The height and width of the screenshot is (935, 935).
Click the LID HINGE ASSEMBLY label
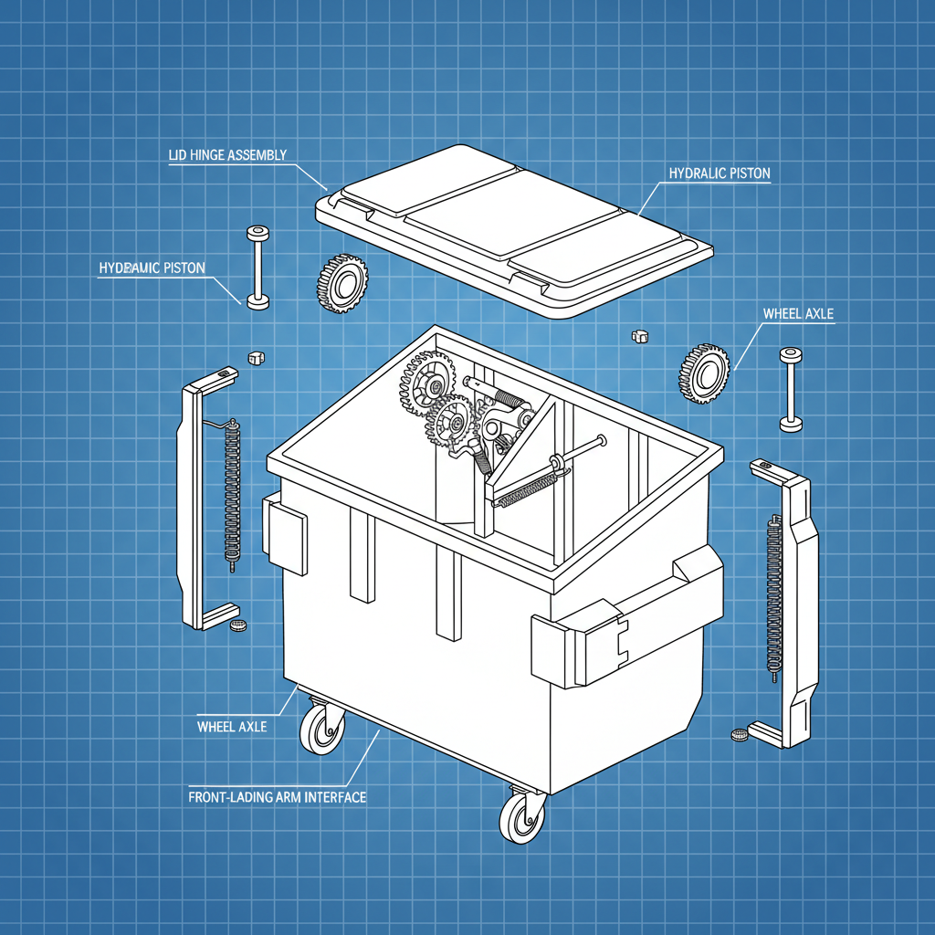[227, 155]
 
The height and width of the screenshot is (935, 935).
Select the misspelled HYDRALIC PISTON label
[719, 173]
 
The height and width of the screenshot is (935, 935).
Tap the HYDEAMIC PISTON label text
[152, 268]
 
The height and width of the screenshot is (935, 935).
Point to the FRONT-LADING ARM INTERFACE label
[277, 797]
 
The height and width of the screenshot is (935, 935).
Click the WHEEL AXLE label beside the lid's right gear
[797, 314]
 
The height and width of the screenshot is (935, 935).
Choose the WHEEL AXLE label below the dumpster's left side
[232, 727]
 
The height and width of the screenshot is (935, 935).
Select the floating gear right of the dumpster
[704, 373]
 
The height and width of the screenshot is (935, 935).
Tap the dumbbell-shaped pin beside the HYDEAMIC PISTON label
[257, 265]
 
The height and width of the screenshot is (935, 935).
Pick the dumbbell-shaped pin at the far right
[790, 389]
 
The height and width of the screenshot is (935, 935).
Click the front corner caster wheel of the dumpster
[523, 815]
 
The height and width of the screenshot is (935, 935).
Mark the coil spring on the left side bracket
[232, 493]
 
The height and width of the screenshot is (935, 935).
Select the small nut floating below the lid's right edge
[639, 336]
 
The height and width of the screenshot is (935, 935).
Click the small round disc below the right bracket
[739, 734]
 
